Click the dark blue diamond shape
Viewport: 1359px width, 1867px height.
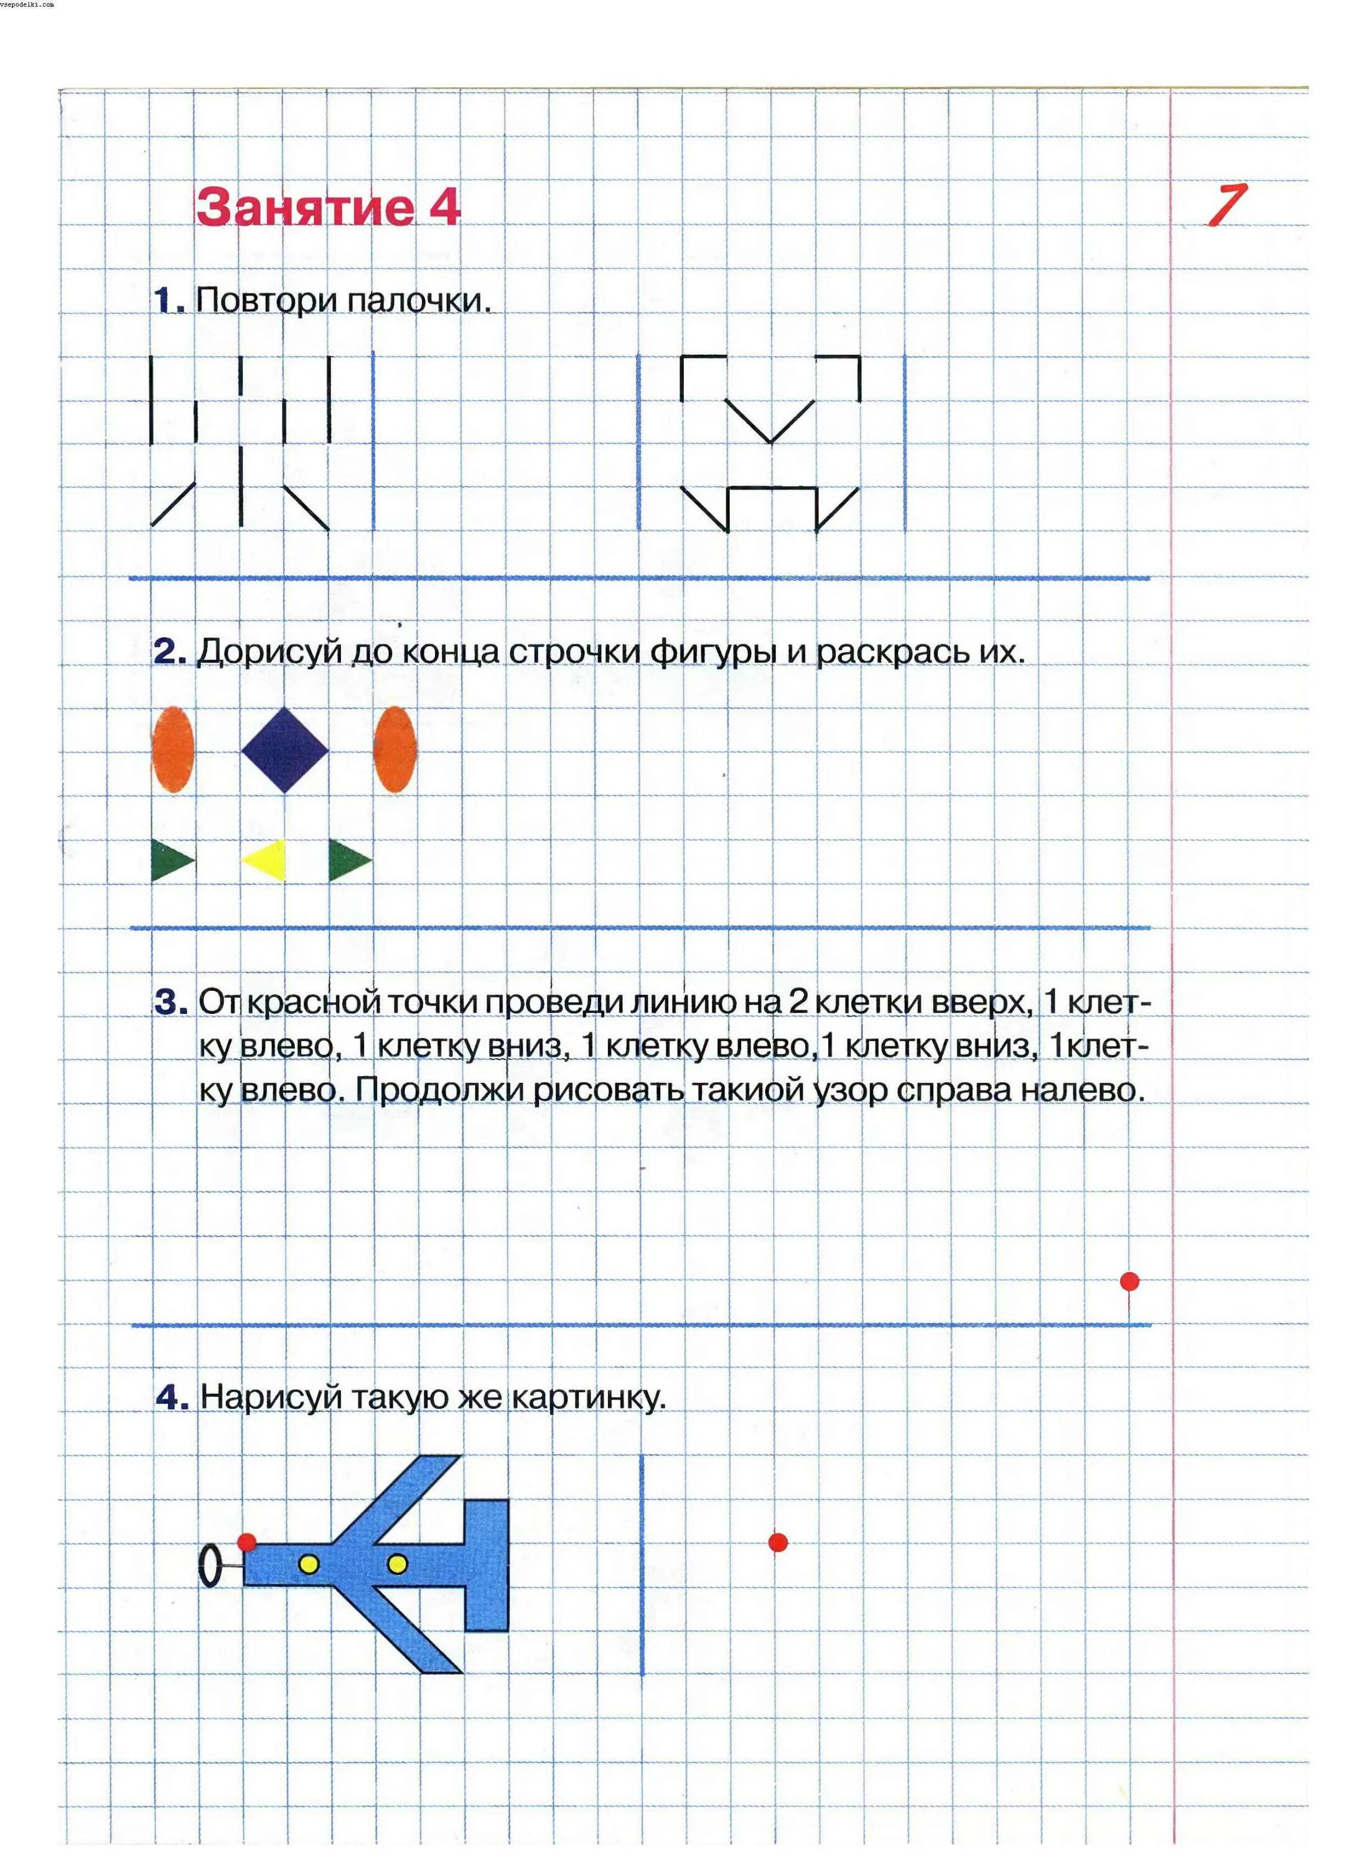285,749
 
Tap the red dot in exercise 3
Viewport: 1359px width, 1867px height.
1129,1281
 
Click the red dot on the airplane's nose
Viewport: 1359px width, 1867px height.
247,1542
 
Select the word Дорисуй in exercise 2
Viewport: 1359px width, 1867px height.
269,652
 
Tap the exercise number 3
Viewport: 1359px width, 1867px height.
170,1003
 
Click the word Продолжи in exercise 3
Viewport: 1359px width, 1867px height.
439,1090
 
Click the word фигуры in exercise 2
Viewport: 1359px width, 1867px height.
713,652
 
